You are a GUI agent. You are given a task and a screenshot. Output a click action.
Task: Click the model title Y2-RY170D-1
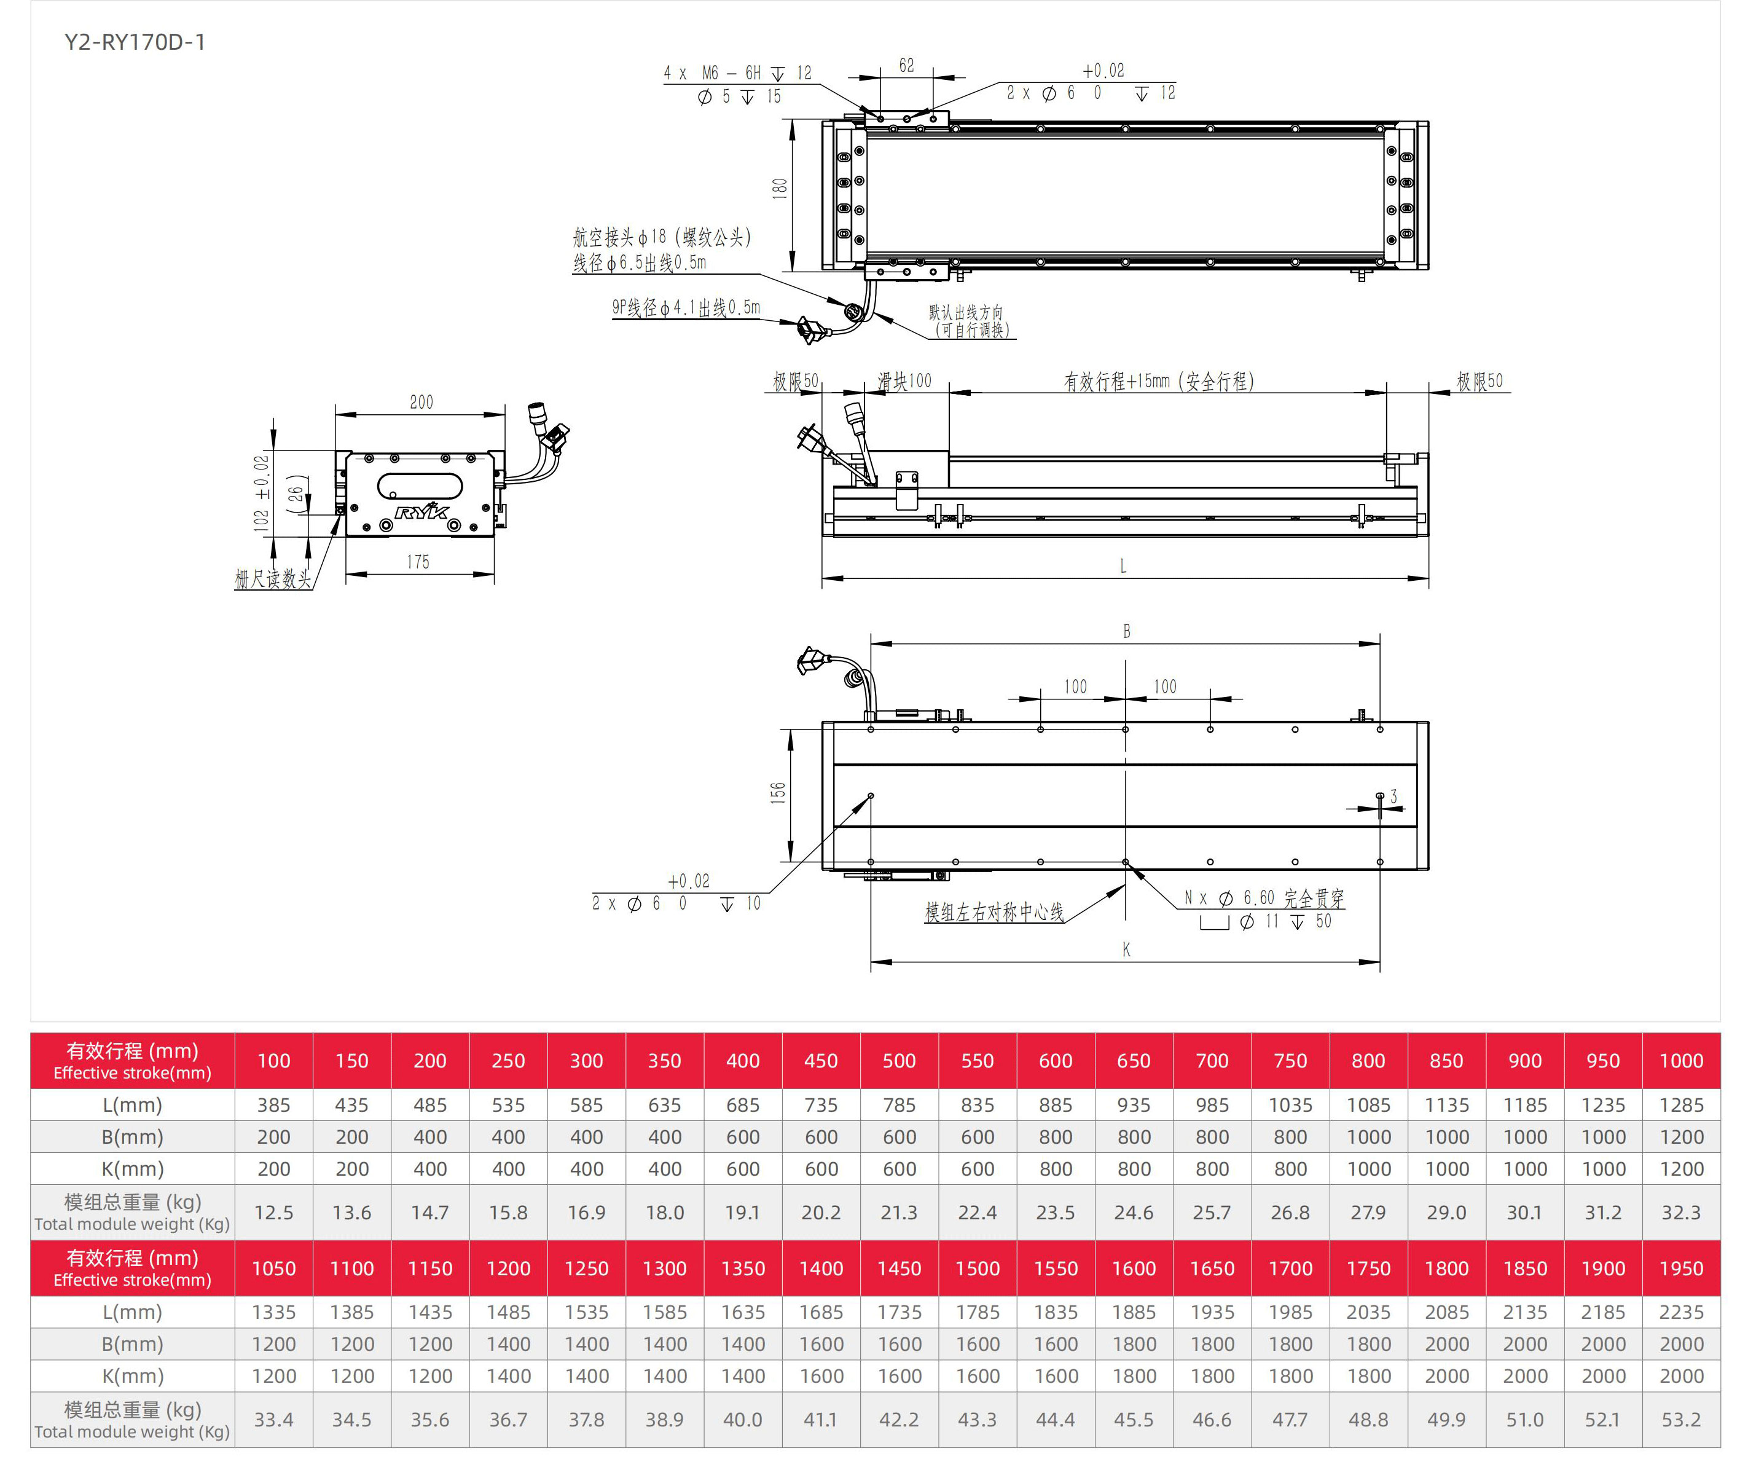135,42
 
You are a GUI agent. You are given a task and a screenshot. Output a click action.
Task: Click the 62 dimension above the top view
906,65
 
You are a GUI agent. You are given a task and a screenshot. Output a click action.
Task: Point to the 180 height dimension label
779,188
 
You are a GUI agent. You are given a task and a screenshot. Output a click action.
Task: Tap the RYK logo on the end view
422,512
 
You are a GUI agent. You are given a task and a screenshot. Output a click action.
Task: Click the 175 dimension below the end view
418,562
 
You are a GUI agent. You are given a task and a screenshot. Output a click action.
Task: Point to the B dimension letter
1126,631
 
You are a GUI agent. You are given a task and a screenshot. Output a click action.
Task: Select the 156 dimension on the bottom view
777,793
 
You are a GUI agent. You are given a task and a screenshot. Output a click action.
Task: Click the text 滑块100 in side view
904,381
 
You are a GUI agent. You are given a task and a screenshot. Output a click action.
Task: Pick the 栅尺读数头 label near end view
273,578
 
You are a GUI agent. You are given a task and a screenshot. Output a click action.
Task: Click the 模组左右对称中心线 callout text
993,912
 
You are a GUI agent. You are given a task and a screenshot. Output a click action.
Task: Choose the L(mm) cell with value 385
273,1104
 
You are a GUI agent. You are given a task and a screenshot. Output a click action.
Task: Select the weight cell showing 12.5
273,1213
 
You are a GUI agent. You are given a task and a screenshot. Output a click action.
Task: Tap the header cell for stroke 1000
1680,1060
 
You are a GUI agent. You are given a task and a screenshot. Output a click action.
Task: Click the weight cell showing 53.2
1680,1420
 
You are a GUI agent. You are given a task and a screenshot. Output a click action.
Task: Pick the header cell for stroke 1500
978,1268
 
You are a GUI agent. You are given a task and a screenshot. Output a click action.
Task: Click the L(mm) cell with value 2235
1680,1312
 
